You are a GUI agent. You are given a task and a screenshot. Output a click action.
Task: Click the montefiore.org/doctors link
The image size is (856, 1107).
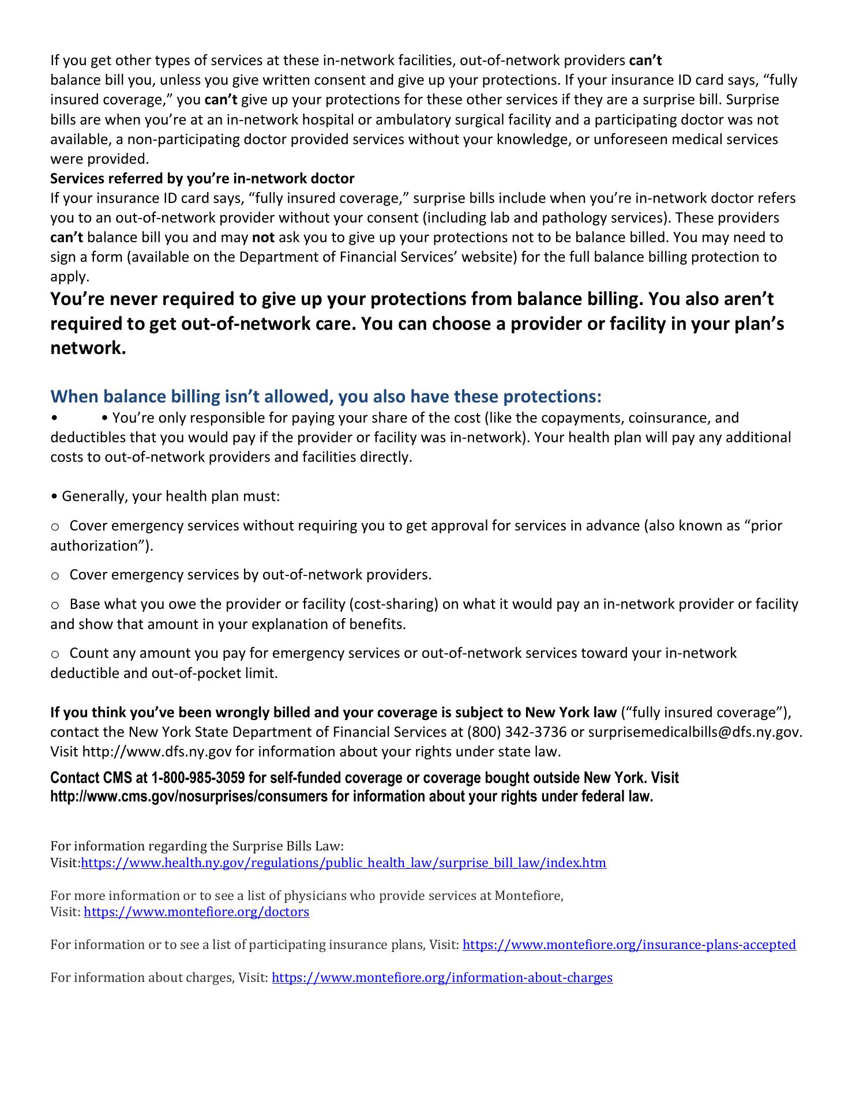196,912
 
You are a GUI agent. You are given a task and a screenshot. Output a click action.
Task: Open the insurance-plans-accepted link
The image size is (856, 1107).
629,944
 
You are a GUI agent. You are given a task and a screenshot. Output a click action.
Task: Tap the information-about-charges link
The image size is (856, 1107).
442,977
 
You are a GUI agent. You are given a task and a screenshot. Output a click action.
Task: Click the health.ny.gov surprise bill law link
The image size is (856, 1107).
343,863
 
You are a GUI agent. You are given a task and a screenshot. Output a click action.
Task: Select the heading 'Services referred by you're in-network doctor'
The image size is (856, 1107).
202,178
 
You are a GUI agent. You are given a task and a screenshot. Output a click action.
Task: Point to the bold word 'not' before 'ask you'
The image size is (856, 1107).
263,237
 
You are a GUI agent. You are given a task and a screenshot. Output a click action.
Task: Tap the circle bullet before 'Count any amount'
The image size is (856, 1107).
55,653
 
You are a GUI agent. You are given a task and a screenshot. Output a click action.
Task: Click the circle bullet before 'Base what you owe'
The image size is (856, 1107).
55,604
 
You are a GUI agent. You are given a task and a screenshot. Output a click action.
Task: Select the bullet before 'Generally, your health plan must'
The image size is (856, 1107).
54,496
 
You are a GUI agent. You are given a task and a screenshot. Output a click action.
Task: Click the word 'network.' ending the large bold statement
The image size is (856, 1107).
88,348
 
